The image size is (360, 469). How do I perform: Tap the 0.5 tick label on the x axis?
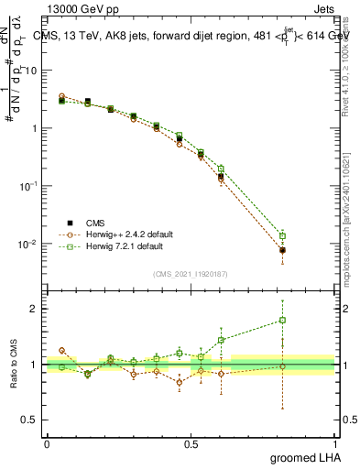click(191, 443)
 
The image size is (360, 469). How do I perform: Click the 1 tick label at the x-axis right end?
click(334, 443)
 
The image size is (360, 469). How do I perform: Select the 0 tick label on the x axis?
click(47, 443)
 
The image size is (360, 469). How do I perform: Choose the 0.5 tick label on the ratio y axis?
click(31, 420)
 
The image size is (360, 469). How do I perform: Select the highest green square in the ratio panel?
click(282, 321)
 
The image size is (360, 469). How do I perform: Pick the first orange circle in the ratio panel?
click(62, 350)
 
